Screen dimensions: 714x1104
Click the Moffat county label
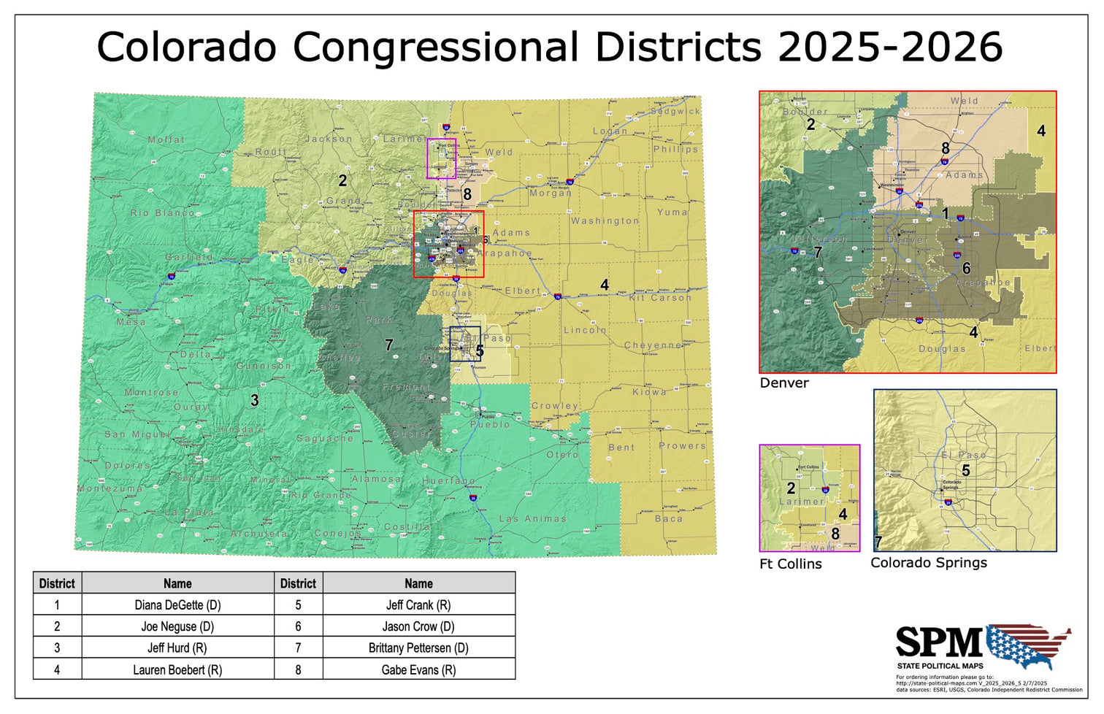click(166, 139)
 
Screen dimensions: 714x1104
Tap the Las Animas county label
click(532, 518)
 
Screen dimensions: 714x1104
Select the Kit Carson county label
click(660, 298)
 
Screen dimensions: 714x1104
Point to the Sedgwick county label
click(675, 112)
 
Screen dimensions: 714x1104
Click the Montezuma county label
click(110, 488)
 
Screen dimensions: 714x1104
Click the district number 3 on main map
click(254, 400)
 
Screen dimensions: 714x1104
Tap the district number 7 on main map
click(389, 345)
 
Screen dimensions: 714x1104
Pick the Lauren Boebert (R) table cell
click(177, 669)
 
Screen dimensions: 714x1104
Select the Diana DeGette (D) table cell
click(177, 604)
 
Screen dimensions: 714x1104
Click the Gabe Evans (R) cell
click(418, 669)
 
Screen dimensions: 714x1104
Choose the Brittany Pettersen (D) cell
click(418, 648)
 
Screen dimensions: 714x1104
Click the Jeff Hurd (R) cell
click(177, 648)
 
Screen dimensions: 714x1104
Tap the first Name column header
click(177, 583)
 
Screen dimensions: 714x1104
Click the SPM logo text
click(939, 643)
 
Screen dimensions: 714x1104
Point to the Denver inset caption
click(784, 383)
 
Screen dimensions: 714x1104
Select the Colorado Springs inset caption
click(928, 562)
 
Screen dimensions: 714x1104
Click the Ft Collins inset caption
click(791, 564)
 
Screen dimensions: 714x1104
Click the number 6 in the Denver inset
click(966, 269)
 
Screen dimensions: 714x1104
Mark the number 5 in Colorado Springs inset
click(965, 471)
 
